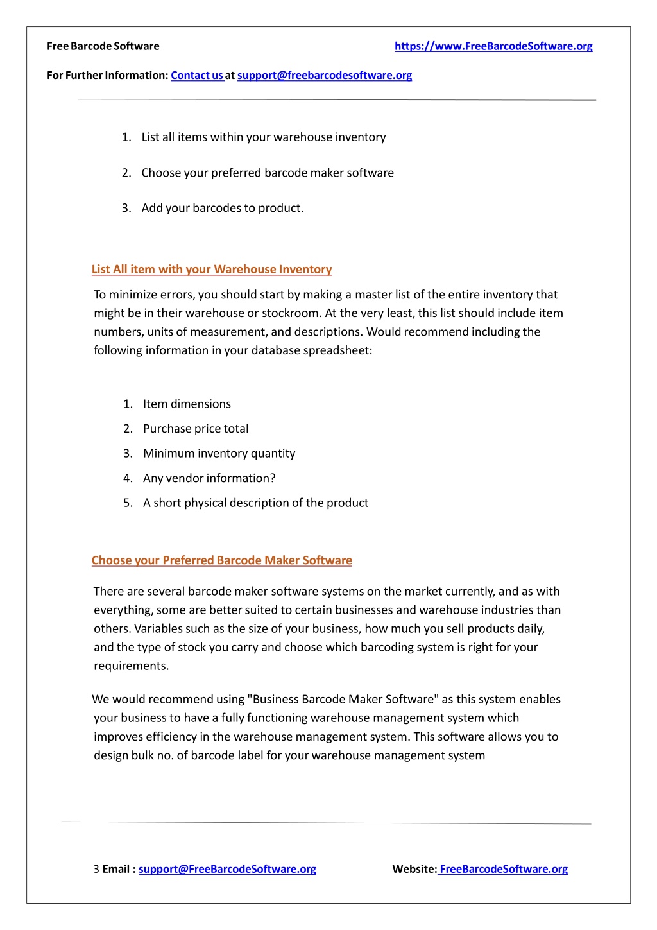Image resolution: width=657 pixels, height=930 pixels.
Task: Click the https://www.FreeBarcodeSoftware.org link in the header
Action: tap(493, 46)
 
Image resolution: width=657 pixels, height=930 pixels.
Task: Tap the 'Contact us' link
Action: tap(196, 75)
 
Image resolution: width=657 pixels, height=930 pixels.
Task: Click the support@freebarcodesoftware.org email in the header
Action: tap(325, 75)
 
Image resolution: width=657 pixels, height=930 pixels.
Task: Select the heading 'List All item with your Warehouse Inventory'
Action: tap(212, 270)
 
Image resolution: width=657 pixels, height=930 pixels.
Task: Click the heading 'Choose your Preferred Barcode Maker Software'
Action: tap(222, 560)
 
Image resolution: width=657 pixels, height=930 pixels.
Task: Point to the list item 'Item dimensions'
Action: tap(187, 404)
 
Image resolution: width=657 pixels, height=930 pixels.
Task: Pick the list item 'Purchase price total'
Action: tap(196, 429)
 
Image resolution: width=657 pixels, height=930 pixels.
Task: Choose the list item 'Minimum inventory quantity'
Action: tap(219, 453)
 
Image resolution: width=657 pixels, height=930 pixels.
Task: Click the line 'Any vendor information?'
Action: tap(209, 478)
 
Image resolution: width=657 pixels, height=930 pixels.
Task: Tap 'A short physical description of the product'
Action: tap(255, 503)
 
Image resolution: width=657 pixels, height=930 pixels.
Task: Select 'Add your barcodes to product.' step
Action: tap(223, 208)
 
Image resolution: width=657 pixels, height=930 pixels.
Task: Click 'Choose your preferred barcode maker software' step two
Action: tap(268, 173)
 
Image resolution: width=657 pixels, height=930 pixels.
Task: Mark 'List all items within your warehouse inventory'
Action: tap(264, 137)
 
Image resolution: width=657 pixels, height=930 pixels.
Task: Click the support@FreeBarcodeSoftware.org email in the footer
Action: tap(227, 869)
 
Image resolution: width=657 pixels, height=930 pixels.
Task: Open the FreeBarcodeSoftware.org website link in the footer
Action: tap(504, 869)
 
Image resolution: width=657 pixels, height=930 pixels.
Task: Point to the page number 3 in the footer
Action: tap(96, 869)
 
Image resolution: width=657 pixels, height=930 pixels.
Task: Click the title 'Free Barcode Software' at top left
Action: tap(103, 46)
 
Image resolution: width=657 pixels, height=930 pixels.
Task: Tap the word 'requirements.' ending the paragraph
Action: tap(132, 666)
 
